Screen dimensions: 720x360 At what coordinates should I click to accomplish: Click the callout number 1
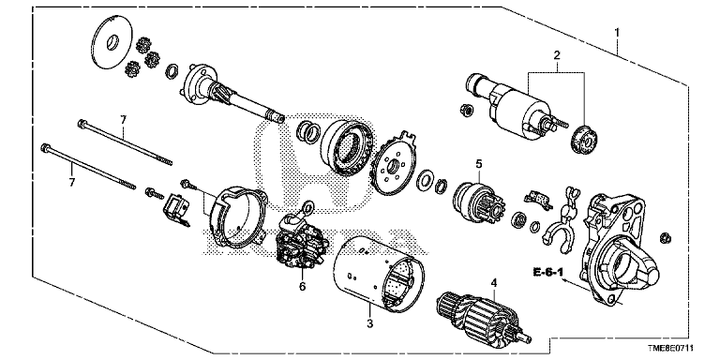tap(617, 33)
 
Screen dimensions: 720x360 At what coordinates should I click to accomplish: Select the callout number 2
tap(557, 56)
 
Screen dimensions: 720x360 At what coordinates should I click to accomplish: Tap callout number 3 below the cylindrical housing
tap(370, 323)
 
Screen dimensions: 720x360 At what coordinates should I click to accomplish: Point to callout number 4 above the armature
tap(494, 283)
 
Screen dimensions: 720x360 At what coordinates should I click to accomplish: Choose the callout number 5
tap(479, 163)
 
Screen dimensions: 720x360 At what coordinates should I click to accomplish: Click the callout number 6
tap(302, 286)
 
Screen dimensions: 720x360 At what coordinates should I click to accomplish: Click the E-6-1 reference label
tap(547, 272)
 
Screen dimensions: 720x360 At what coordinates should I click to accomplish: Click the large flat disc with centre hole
tap(112, 44)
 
